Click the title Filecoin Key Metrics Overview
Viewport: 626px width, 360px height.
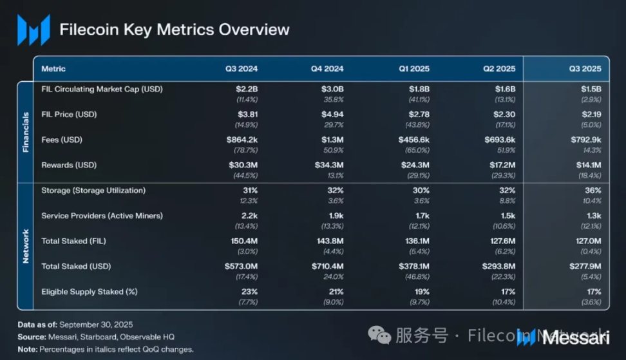174,30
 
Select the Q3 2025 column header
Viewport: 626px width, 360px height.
585,69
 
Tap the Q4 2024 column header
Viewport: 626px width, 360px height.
328,69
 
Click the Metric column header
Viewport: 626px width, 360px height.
53,69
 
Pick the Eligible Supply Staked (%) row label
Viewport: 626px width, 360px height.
90,292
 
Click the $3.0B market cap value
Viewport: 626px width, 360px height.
332,89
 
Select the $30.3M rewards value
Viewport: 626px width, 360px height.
245,165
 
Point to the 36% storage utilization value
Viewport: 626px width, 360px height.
593,191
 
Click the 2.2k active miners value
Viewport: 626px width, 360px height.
249,216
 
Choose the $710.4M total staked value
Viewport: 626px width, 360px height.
327,266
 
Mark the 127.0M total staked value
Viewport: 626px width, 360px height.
587,241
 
